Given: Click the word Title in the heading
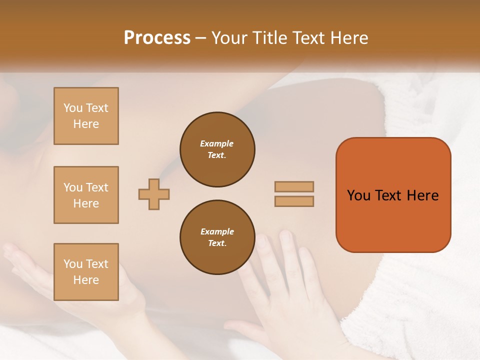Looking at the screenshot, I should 268,38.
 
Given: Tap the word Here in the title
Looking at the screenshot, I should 348,38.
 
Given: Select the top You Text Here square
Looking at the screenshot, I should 86,116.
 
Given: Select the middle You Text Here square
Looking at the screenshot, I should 86,195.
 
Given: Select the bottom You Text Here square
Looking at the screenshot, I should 86,272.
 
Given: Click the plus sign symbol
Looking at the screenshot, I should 154,194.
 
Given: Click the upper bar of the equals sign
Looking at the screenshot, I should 294,186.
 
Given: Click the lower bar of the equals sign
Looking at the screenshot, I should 294,201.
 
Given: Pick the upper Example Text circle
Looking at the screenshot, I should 217,149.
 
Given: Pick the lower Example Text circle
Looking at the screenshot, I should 217,237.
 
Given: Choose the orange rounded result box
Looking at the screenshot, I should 393,195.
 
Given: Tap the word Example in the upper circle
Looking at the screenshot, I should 216,143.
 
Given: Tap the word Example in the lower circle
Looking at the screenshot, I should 217,231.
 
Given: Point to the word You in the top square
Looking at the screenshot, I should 73,108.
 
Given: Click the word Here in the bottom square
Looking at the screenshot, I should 86,280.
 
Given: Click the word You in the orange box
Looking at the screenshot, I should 358,195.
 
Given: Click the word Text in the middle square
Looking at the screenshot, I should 96,187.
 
